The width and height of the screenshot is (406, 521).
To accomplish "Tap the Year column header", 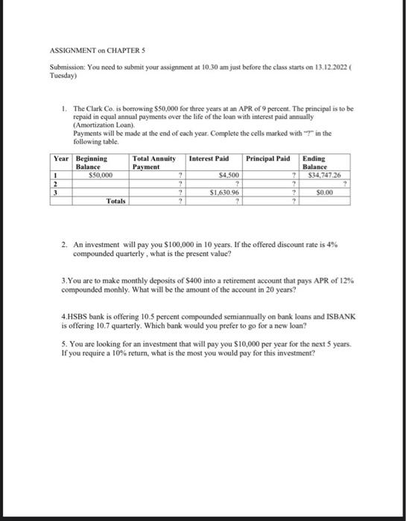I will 60,159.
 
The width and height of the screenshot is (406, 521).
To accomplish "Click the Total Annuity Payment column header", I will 154,163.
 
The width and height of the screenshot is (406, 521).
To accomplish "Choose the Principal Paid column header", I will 267,159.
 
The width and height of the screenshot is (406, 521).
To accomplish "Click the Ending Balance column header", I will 317,163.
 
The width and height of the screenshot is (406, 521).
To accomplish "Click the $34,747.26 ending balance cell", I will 323,175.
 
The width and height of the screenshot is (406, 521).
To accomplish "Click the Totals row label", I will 115,201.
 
